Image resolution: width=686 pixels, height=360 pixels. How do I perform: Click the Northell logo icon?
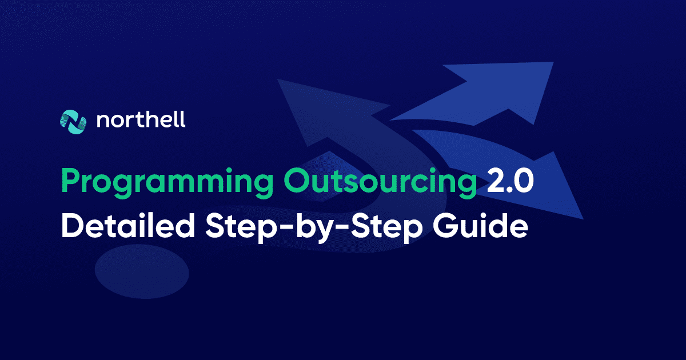(x=73, y=122)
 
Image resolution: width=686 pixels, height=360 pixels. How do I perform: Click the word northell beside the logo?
(x=141, y=119)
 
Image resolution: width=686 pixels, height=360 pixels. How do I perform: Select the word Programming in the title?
(x=167, y=183)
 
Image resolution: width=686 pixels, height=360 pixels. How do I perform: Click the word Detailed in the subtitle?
(x=128, y=226)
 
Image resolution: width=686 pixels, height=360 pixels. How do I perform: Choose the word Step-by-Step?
(x=314, y=227)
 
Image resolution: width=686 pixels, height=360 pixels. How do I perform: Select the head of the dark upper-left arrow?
(x=325, y=110)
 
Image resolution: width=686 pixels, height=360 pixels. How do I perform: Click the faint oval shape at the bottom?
(x=142, y=271)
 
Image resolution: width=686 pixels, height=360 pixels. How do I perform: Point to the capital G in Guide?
(x=445, y=226)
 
